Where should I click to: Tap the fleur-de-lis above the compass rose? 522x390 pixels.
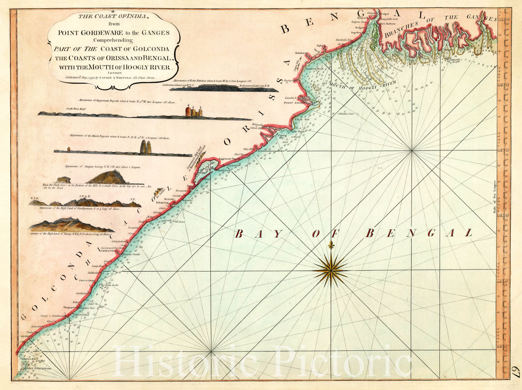331,245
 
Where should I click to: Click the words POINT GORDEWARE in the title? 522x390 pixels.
85,33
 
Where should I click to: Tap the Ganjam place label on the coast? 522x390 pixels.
191,186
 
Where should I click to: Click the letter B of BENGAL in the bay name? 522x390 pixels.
370,233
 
